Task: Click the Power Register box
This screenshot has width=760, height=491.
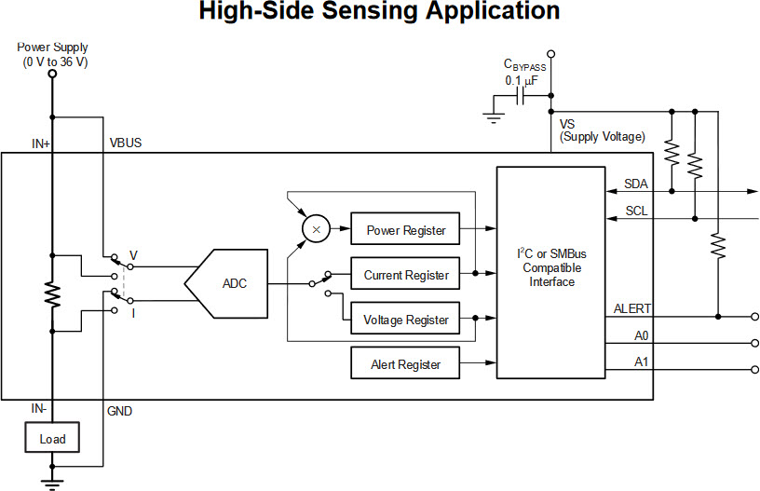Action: click(405, 230)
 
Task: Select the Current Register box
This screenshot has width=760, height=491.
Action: click(405, 275)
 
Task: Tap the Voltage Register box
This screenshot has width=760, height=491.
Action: click(405, 320)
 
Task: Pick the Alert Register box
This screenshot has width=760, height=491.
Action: click(405, 364)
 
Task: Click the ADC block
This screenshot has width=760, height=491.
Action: click(228, 283)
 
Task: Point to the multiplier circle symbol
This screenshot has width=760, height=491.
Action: click(316, 229)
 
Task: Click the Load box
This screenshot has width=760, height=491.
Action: click(52, 438)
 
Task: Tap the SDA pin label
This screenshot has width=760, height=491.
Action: click(636, 184)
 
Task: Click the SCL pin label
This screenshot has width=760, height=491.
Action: click(636, 211)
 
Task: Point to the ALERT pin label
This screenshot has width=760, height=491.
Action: click(632, 308)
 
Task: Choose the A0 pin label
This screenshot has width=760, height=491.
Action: click(641, 334)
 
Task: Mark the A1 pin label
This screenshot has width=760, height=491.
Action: click(641, 361)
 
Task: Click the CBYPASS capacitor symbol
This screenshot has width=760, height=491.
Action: click(523, 95)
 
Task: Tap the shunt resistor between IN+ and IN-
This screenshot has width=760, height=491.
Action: click(52, 295)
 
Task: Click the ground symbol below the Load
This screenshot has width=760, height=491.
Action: click(52, 482)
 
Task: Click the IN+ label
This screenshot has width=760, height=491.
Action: click(41, 144)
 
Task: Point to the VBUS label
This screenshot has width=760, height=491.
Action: click(126, 144)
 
